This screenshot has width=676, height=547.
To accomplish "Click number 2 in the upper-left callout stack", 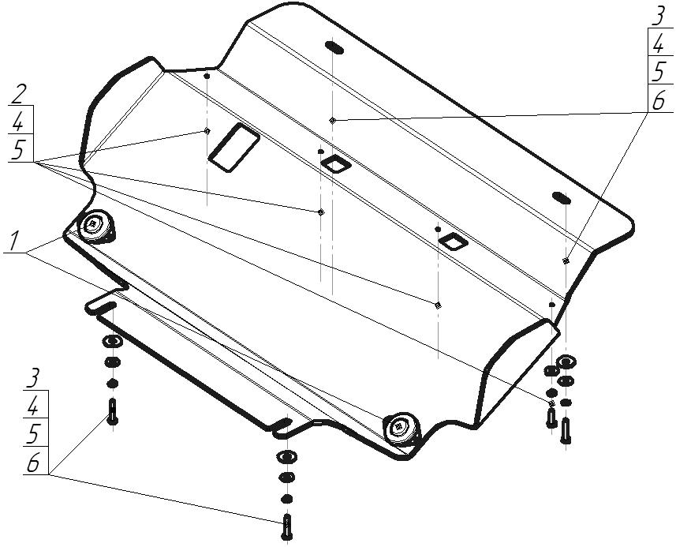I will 20,96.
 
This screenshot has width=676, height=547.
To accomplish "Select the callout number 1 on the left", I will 15,241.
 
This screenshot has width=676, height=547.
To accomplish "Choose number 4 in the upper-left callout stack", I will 20,122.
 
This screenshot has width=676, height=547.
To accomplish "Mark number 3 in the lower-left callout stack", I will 33,377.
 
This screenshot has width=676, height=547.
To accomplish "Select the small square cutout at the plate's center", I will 335,163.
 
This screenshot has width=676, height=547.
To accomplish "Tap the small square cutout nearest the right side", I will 454,240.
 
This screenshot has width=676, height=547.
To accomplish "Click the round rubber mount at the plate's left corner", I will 96,227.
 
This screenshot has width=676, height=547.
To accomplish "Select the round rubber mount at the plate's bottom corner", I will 402,427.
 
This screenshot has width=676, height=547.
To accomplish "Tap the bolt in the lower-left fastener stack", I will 112,412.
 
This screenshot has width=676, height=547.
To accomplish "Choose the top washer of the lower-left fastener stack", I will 112,341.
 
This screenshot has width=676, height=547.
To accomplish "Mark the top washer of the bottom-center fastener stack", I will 286,457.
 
